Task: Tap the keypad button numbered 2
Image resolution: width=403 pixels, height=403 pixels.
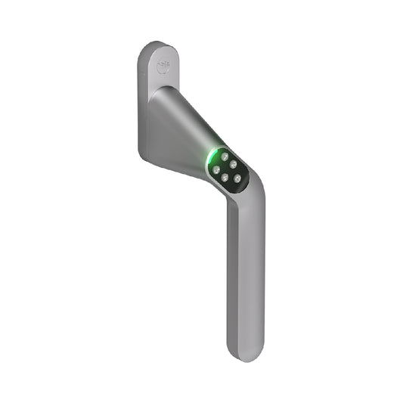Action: click(x=233, y=163)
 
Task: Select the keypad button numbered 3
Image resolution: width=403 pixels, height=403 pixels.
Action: click(x=216, y=169)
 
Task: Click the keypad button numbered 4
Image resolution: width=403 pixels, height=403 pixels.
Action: click(x=225, y=178)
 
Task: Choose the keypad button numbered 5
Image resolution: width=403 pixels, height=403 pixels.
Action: click(x=237, y=178)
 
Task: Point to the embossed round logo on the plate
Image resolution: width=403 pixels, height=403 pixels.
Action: click(x=161, y=67)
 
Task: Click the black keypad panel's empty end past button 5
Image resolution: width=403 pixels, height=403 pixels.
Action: click(x=240, y=189)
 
